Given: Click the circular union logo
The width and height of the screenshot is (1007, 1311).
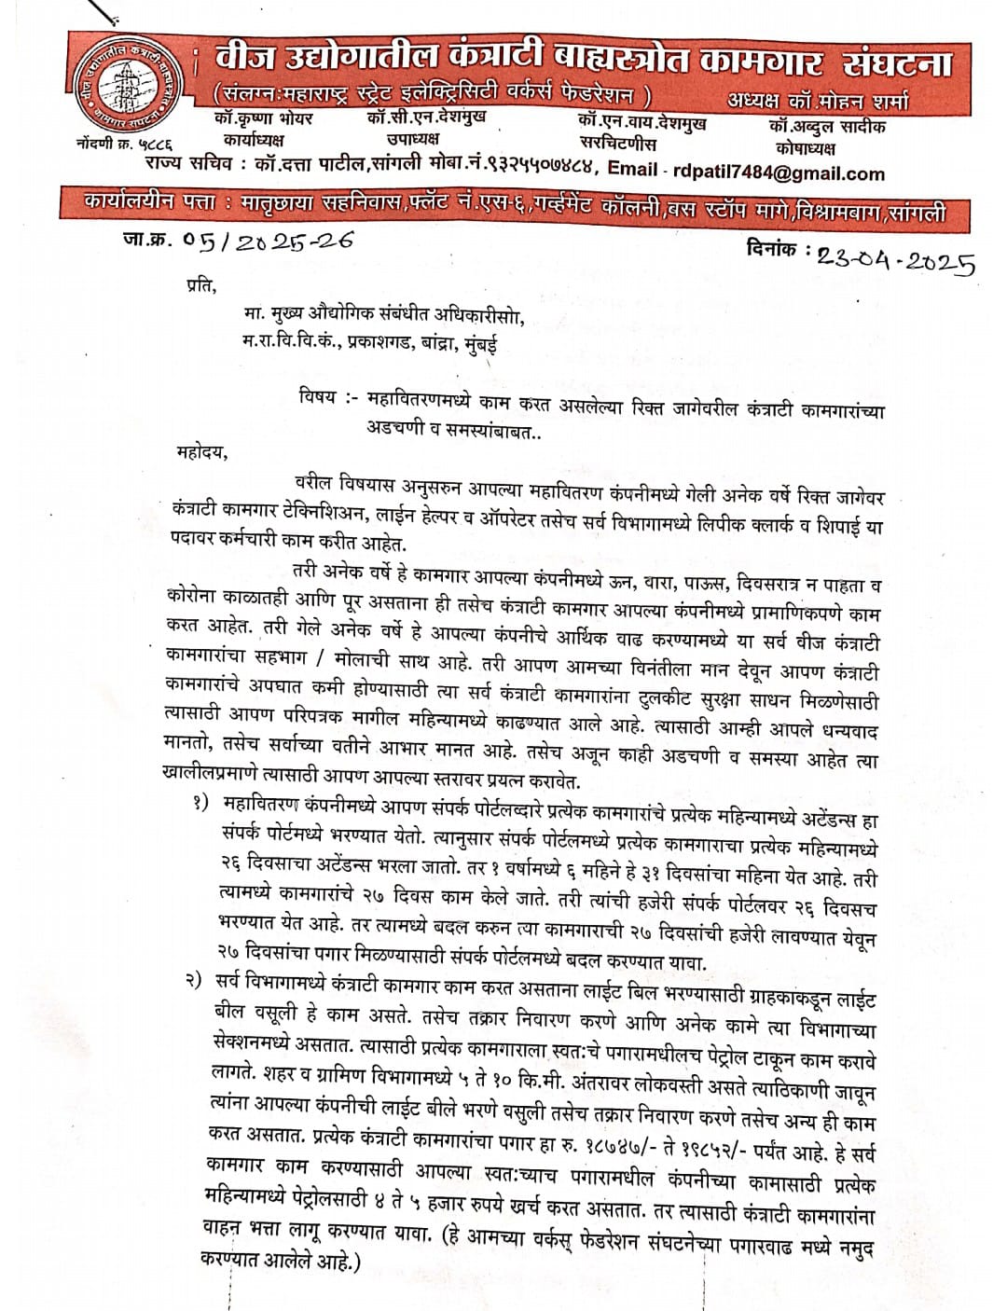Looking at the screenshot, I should click(128, 84).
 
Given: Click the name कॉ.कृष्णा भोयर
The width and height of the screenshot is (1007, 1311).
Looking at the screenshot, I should click(263, 119).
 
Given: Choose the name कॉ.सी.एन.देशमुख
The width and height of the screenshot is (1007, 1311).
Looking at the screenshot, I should click(426, 117).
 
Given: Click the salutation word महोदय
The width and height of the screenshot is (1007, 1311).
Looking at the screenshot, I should click(200, 453).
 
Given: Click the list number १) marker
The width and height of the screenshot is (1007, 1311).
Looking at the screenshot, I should click(202, 803).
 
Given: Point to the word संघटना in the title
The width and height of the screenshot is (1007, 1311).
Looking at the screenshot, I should click(896, 62).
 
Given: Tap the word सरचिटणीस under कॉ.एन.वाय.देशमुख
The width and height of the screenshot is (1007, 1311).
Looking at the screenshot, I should click(617, 145).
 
